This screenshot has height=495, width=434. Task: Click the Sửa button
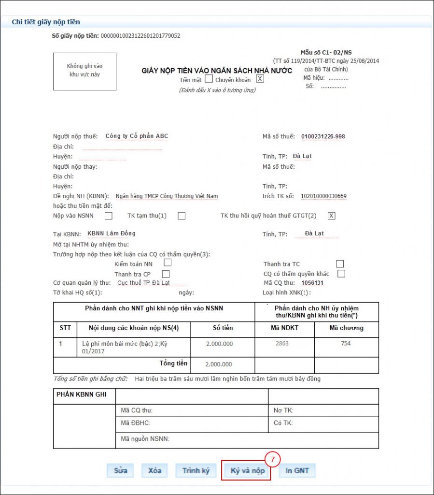121,470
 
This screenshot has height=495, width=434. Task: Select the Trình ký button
196,470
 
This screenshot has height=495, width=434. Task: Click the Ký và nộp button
247,471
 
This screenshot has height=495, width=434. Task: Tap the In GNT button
297,470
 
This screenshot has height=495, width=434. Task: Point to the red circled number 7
272,460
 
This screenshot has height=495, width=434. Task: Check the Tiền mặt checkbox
209,79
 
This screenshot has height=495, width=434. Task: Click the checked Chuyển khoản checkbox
260,79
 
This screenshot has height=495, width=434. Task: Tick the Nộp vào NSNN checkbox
109,216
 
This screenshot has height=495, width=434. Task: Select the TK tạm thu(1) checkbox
182,216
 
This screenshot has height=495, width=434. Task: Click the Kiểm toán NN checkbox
168,263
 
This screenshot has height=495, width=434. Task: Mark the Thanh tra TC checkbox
340,263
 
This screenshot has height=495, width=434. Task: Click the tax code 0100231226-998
323,136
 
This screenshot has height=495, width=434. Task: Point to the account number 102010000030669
323,196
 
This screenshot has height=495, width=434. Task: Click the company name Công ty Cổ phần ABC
137,136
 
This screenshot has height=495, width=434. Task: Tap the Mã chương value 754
346,344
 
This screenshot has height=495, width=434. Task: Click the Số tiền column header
223,328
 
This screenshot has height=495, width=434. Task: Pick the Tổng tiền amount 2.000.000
219,364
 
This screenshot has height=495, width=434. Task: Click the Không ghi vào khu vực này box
84,71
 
